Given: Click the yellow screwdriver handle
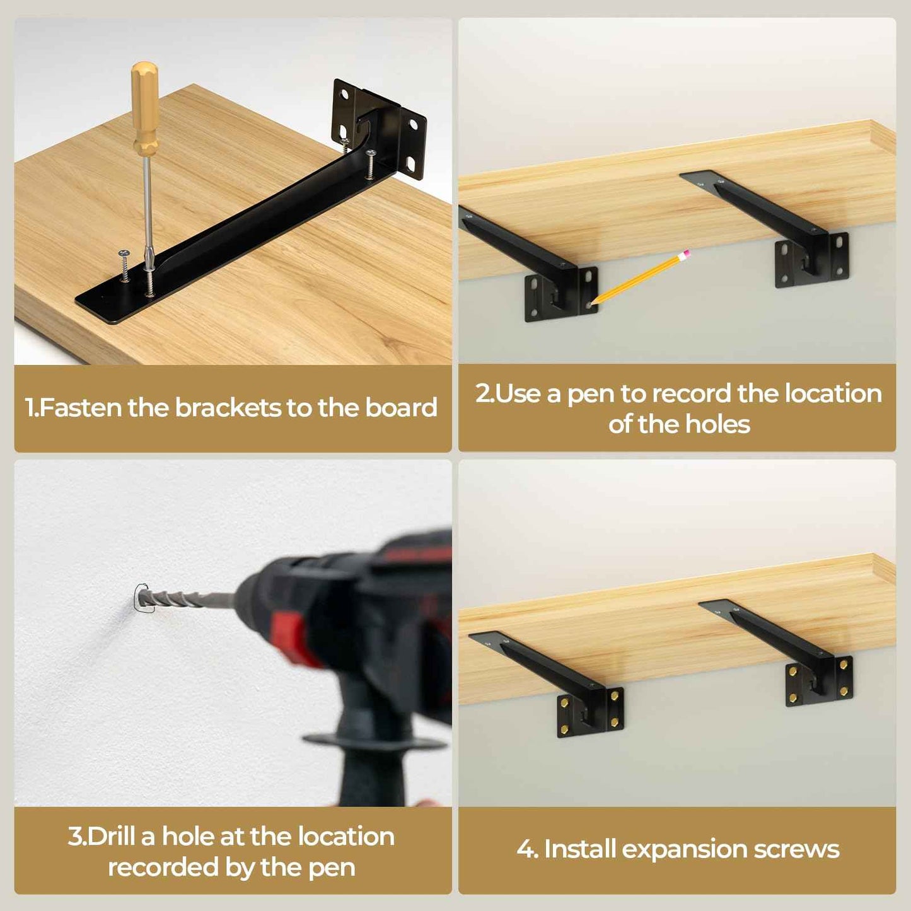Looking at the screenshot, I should click(x=145, y=107).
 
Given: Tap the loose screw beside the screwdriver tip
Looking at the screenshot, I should click(x=124, y=265).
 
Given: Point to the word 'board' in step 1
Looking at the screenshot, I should click(x=401, y=408).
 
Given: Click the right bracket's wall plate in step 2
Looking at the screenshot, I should click(x=812, y=260).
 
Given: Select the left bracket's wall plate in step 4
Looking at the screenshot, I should click(x=590, y=712).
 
